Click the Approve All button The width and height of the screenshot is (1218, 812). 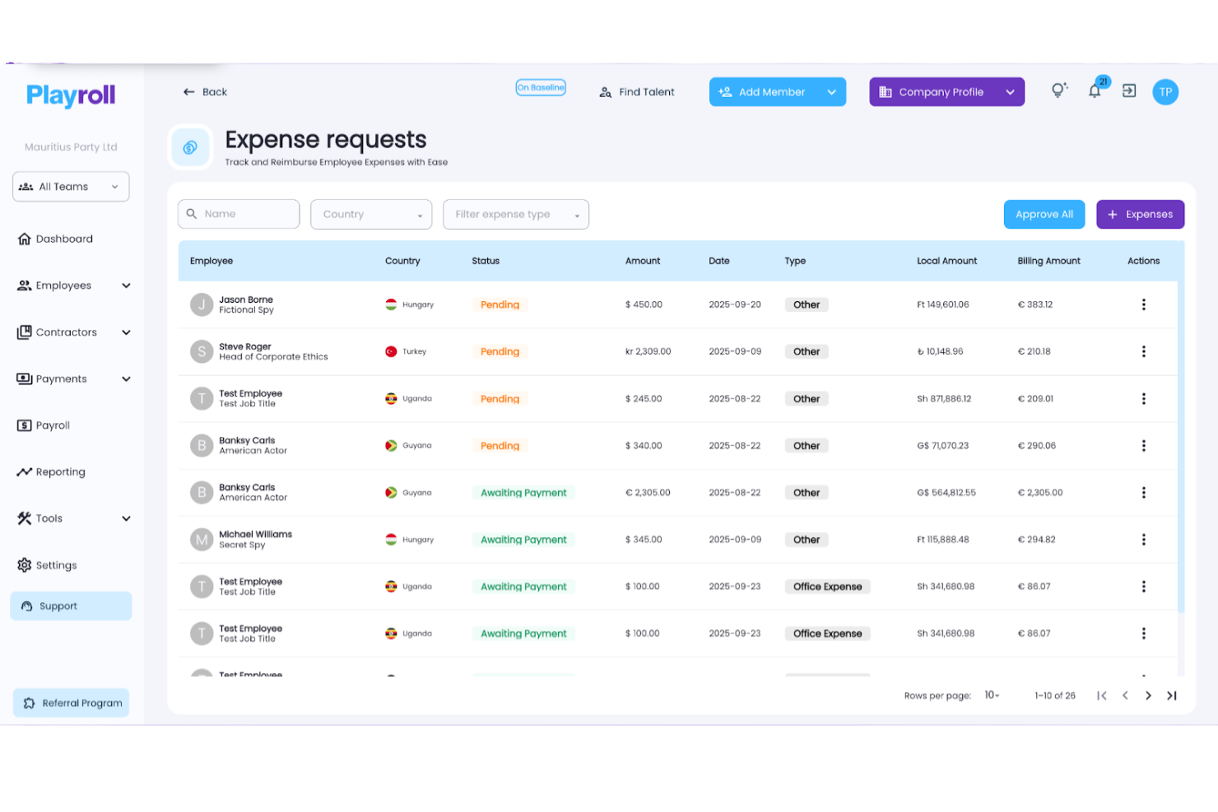1044,214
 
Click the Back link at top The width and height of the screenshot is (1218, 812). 205,92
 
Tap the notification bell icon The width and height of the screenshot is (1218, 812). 1095,91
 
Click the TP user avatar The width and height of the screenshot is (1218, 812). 1165,92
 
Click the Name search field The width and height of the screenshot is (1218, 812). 239,214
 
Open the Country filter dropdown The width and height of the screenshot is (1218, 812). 370,214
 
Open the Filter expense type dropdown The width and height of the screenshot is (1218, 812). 515,214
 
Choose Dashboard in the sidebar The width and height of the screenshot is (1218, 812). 64,239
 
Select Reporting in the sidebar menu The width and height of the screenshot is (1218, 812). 60,471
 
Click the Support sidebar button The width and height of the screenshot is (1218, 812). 71,606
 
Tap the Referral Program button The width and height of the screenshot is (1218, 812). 72,703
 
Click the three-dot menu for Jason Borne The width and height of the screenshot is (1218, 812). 1143,304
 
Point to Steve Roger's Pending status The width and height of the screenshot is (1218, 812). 500,351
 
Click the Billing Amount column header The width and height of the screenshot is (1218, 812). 1048,261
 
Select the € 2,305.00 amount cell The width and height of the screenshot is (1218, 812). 648,493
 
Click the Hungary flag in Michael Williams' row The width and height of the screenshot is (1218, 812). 392,540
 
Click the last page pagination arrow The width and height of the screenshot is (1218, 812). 1171,695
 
